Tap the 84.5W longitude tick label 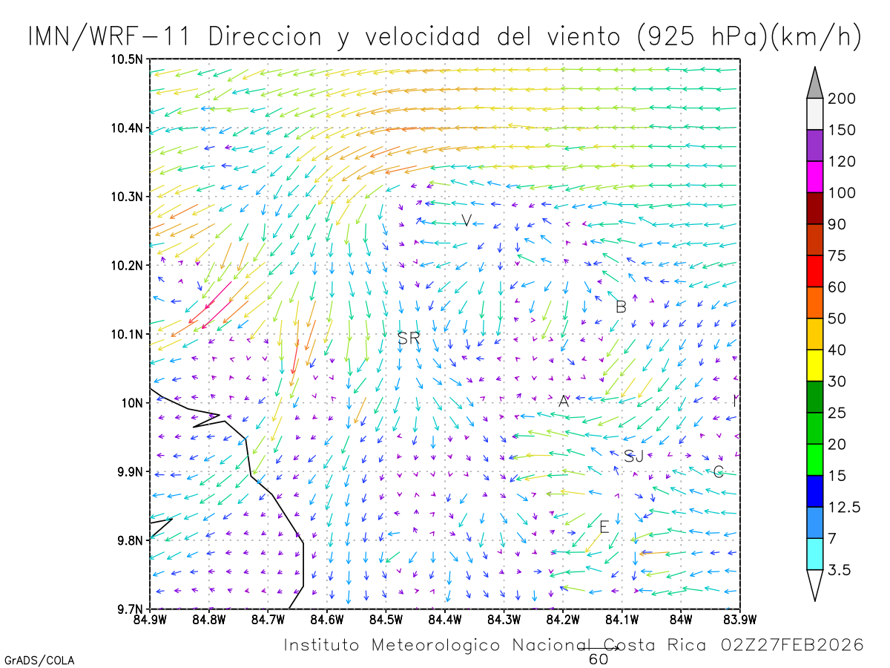pyautogui.click(x=385, y=619)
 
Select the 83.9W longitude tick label pyautogui.click(x=739, y=619)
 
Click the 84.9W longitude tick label pyautogui.click(x=150, y=619)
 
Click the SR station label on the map pyautogui.click(x=409, y=338)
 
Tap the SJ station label pyautogui.click(x=633, y=456)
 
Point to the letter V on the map pyautogui.click(x=466, y=220)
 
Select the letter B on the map pyautogui.click(x=621, y=307)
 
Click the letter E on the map pyautogui.click(x=604, y=527)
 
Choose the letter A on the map pyautogui.click(x=564, y=402)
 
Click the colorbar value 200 pyautogui.click(x=842, y=99)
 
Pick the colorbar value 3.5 pyautogui.click(x=839, y=570)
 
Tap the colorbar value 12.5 pyautogui.click(x=844, y=508)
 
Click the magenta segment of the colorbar pyautogui.click(x=815, y=177)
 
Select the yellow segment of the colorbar pyautogui.click(x=815, y=365)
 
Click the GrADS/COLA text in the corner pyautogui.click(x=39, y=660)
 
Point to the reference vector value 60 pyautogui.click(x=599, y=659)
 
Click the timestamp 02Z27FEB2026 pyautogui.click(x=792, y=645)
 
